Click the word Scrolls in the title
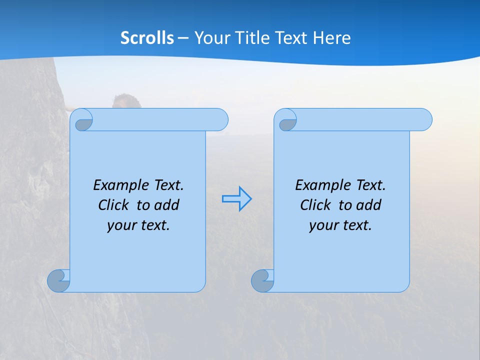147,38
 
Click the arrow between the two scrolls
236,199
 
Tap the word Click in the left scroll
114,205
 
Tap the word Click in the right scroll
316,205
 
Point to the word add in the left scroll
166,205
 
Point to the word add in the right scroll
368,205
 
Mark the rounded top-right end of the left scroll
220,119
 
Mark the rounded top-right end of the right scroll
424,119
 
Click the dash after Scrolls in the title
183,38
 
